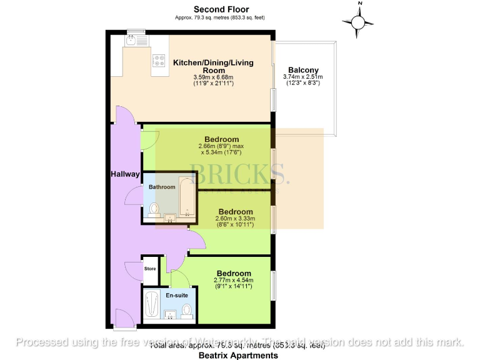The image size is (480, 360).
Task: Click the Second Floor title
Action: point(221,9)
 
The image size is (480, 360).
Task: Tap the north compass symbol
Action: point(359,23)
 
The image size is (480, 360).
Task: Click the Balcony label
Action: point(303,71)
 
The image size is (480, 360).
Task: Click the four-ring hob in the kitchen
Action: point(158,61)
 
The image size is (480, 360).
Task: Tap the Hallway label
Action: point(125,174)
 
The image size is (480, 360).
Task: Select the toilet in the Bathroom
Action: point(154,209)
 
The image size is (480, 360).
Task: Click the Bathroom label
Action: point(162,187)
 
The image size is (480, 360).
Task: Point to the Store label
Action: point(150,269)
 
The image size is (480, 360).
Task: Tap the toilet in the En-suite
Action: point(187,309)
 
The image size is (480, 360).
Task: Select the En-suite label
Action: point(176,293)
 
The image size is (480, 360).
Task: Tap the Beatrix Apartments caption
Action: point(238,355)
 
